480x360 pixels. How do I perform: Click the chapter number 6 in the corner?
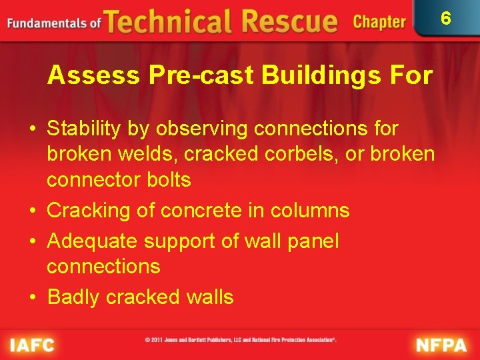tap(446, 18)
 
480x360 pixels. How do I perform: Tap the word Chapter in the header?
tap(379, 22)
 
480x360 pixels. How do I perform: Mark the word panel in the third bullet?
tap(311, 241)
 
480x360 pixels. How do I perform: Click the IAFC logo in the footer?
tap(32, 345)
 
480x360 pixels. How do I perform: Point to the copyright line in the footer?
tap(241, 340)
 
